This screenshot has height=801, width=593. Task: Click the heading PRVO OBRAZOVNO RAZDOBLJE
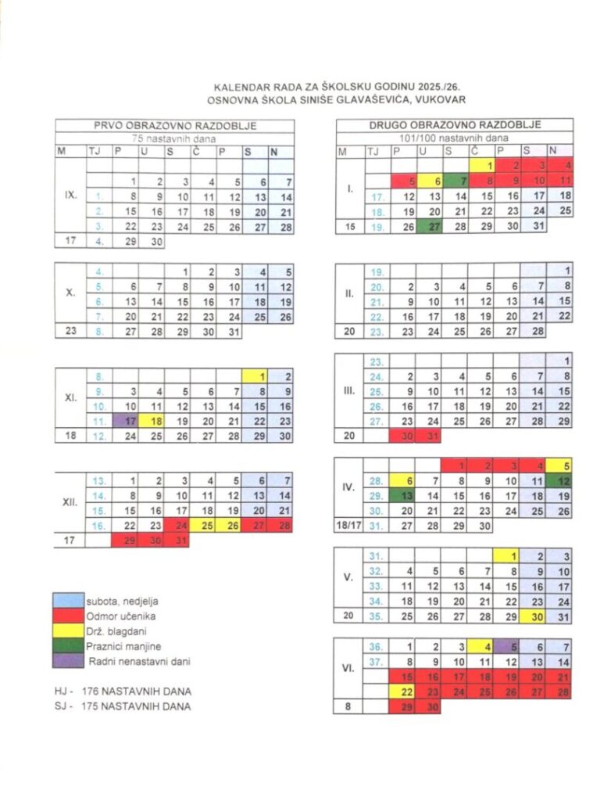(175, 125)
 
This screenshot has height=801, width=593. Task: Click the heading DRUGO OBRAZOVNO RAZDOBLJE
(455, 125)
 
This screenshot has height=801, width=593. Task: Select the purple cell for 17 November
(126, 421)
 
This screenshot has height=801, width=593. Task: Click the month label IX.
(70, 192)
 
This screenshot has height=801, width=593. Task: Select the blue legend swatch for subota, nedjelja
(68, 601)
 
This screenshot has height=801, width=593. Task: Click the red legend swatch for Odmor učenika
(68, 616)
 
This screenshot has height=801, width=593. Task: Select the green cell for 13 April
(403, 496)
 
